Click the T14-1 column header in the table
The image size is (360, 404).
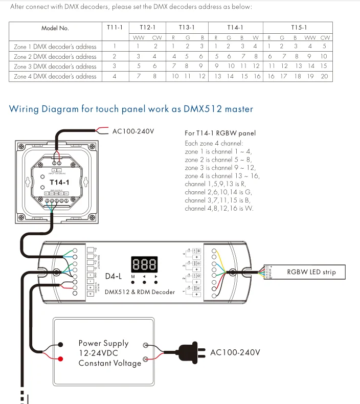click(x=235, y=28)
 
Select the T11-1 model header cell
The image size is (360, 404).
click(x=115, y=28)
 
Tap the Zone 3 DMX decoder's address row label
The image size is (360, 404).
click(x=55, y=66)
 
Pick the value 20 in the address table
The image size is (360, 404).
click(x=324, y=76)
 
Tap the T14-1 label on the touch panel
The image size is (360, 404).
click(x=59, y=182)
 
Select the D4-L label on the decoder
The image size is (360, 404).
click(x=114, y=277)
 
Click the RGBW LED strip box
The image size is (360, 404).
click(x=311, y=272)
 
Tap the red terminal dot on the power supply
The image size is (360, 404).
click(x=60, y=359)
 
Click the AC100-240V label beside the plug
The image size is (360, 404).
click(x=235, y=353)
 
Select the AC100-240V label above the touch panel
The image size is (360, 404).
click(x=133, y=131)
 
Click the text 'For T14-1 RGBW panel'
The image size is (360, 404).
click(x=220, y=133)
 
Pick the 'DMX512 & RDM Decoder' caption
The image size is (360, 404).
click(x=140, y=292)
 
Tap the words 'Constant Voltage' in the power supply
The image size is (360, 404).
click(x=109, y=363)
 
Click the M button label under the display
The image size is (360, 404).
click(x=133, y=276)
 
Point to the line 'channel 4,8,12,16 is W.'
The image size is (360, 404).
click(x=218, y=209)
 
